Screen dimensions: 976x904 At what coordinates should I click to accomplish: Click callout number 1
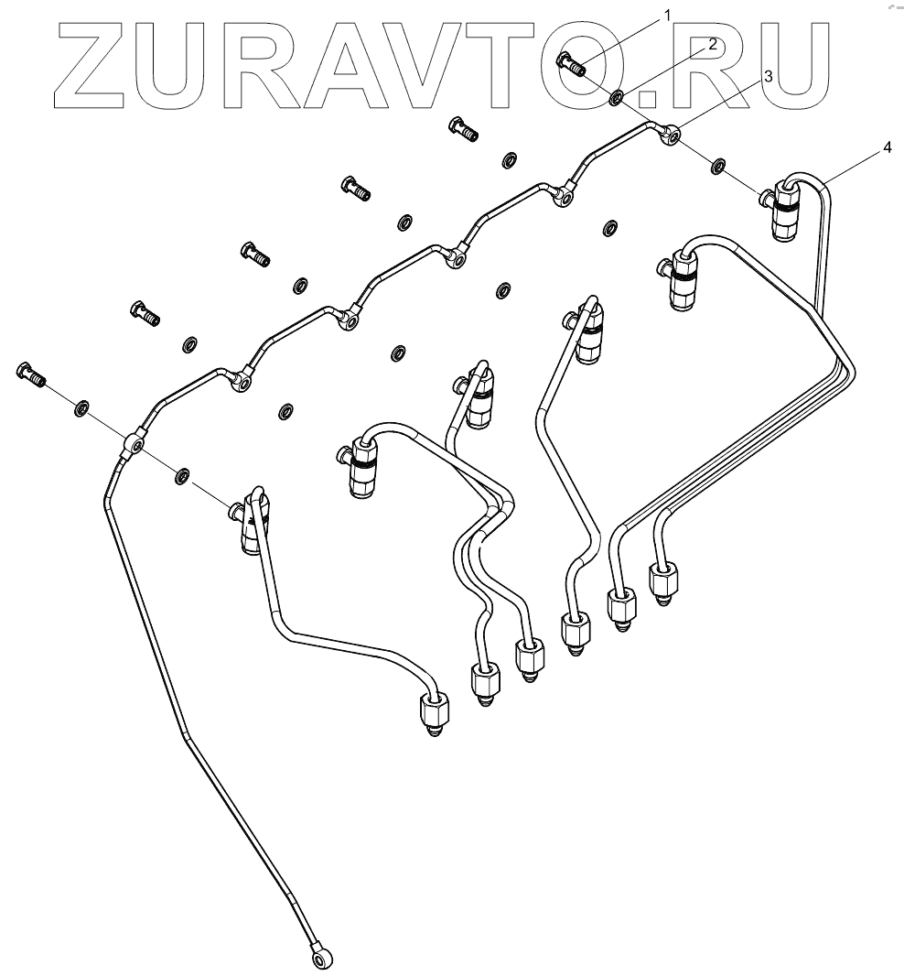click(x=667, y=15)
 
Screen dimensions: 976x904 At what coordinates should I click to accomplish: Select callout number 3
click(x=767, y=78)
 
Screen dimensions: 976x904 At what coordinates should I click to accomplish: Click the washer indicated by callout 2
click(x=618, y=96)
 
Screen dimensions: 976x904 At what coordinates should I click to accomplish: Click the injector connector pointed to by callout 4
click(x=784, y=209)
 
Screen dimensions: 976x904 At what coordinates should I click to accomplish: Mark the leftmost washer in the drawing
click(x=81, y=407)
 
